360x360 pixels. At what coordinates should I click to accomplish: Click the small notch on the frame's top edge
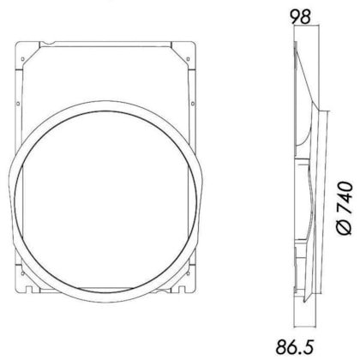tap(53, 41)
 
